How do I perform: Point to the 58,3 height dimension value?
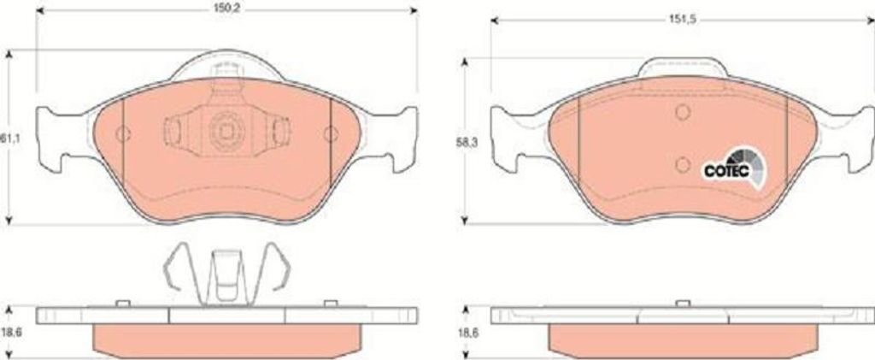click(x=465, y=143)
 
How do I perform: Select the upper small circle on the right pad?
click(x=683, y=112)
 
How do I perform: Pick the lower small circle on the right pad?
click(x=683, y=164)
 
